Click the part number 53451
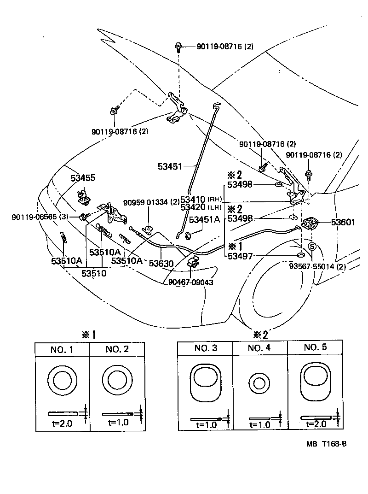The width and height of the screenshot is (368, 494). coord(170,166)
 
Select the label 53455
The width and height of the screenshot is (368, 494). coord(83,178)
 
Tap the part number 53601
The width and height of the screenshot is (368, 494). coord(343,223)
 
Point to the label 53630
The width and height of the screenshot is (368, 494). coord(161,264)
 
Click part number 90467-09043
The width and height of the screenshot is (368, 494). coord(191,282)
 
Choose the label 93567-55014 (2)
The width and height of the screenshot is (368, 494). coord(317,267)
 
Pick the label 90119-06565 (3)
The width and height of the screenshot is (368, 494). coord(40,217)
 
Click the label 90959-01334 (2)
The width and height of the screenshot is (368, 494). coord(151,202)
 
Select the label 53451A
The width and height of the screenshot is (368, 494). coord(204,220)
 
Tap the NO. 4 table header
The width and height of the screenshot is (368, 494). coord(259,348)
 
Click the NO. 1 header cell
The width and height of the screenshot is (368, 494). coord(62,349)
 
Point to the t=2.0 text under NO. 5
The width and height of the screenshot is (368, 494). coord(316,424)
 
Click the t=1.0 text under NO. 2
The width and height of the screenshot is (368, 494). coord(118,422)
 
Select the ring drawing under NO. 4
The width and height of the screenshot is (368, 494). coord(259,384)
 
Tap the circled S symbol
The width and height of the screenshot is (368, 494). coord(312,246)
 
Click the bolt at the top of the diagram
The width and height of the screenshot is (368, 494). coord(178,47)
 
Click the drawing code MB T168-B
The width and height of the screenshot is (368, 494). coord(327,444)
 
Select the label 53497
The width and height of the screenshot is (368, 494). coord(240,256)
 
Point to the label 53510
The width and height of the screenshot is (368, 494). coord(94,273)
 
